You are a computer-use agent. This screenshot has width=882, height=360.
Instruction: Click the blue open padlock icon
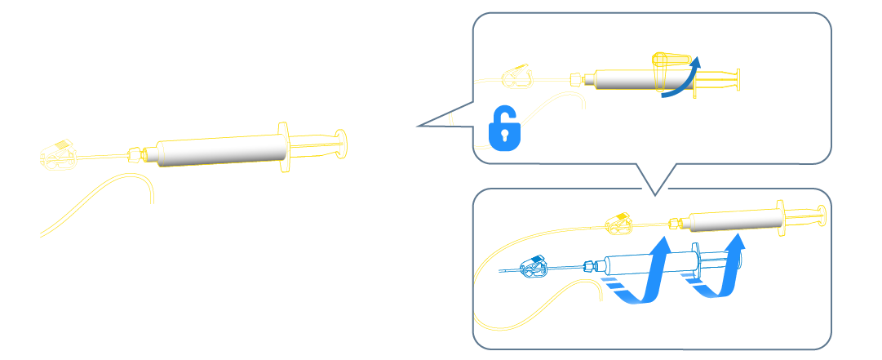coord(504,127)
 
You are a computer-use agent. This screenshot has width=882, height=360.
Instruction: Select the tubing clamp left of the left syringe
coord(59,155)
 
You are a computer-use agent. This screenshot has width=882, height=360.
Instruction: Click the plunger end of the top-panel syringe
coord(738,80)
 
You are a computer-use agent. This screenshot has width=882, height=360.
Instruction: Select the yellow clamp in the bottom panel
coord(618,220)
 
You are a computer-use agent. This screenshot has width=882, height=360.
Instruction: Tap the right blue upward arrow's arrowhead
coord(738,244)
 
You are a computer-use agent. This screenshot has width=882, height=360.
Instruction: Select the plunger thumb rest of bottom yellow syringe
coord(821,214)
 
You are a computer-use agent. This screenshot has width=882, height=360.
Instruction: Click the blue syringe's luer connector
coord(589,266)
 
